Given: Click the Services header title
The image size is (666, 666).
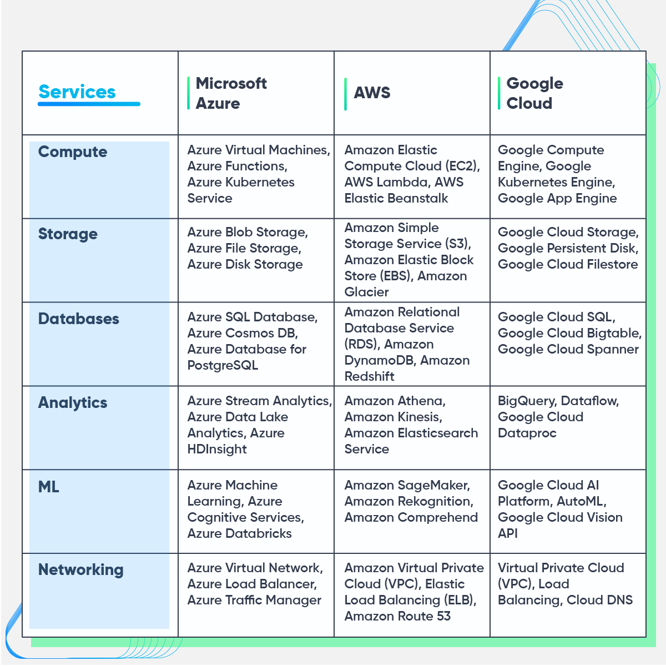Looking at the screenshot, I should [77, 92].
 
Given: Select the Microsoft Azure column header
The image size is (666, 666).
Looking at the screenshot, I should [231, 93].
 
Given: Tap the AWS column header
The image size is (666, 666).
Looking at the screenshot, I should [372, 93].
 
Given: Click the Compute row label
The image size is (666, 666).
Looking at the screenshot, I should [73, 152].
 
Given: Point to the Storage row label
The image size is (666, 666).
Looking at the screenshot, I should [68, 234].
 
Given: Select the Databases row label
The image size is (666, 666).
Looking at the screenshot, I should [79, 319].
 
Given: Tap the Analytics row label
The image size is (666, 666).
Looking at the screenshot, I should [73, 402].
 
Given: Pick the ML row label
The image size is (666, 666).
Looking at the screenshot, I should [49, 487].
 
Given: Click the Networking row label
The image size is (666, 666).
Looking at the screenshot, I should [81, 569].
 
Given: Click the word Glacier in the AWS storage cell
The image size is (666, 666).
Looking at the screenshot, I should [366, 292].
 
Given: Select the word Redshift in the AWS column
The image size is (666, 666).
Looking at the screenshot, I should [369, 376].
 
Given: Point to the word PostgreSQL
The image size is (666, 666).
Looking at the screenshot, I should [223, 365].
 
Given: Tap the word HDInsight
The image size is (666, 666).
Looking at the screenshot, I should [217, 449].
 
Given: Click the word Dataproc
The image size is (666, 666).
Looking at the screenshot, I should [527, 433].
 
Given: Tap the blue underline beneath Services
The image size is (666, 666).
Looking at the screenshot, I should [89, 104].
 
